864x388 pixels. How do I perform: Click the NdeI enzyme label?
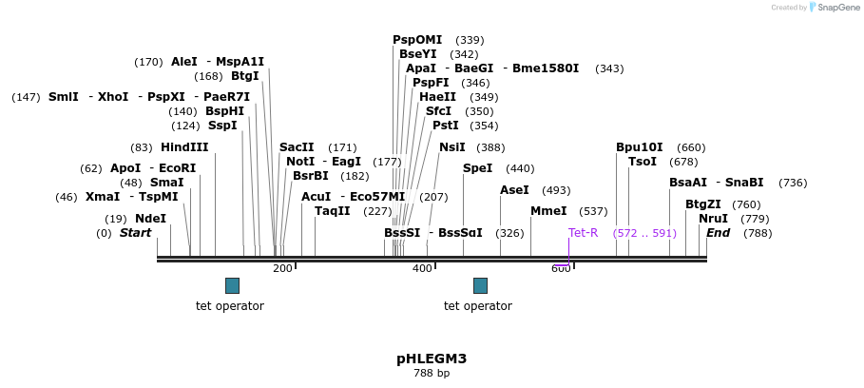click(x=150, y=219)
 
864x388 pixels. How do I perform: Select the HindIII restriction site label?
click(x=184, y=147)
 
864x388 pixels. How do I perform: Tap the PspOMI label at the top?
click(x=417, y=40)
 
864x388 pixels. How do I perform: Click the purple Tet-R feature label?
click(x=584, y=233)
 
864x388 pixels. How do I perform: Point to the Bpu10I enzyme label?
click(x=640, y=147)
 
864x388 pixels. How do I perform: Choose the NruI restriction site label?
click(x=713, y=219)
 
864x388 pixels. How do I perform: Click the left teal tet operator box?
click(x=232, y=285)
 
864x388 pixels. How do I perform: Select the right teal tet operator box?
click(x=480, y=285)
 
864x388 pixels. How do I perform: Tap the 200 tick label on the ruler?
click(x=282, y=269)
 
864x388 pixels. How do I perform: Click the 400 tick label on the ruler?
click(x=422, y=269)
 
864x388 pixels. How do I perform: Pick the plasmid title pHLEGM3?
click(x=432, y=359)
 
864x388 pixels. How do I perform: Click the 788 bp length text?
click(x=432, y=374)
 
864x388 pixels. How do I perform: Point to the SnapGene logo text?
click(x=839, y=8)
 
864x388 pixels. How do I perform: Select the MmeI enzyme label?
click(x=548, y=211)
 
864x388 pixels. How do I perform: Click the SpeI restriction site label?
click(x=477, y=168)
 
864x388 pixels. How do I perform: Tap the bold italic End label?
click(x=718, y=233)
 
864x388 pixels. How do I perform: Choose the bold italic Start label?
click(x=135, y=233)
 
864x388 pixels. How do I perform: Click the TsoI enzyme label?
click(x=643, y=162)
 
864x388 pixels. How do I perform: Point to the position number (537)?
click(x=593, y=211)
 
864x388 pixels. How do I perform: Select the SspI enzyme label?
click(x=222, y=126)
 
